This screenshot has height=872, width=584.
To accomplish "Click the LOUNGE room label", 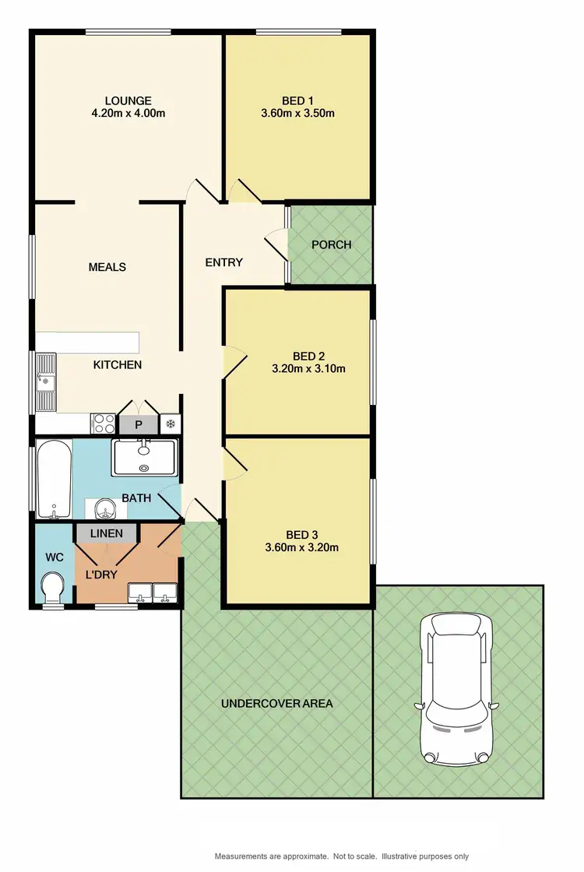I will (x=128, y=100).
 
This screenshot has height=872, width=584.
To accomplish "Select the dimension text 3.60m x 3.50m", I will (x=298, y=113).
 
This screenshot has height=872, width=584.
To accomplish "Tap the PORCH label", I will (x=331, y=244).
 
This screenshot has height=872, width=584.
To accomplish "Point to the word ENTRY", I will (x=223, y=262).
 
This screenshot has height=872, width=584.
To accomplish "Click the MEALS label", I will (x=107, y=267).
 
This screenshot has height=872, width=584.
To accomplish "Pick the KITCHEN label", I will (x=118, y=364).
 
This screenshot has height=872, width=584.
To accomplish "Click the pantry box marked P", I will (x=138, y=424).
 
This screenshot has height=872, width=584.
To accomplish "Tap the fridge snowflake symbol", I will (x=169, y=424).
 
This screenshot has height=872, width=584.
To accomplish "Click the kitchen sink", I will (x=46, y=381).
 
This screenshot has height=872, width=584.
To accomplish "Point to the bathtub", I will (x=53, y=479).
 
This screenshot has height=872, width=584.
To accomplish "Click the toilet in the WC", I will (x=53, y=588).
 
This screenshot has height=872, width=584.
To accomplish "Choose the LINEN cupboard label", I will (x=107, y=533).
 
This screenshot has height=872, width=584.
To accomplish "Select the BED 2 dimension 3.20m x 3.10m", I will (x=308, y=369).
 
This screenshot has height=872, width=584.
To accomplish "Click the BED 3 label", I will (x=301, y=534).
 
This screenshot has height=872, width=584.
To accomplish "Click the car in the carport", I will (x=456, y=689).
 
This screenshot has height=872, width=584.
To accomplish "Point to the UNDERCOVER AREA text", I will (x=276, y=704).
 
